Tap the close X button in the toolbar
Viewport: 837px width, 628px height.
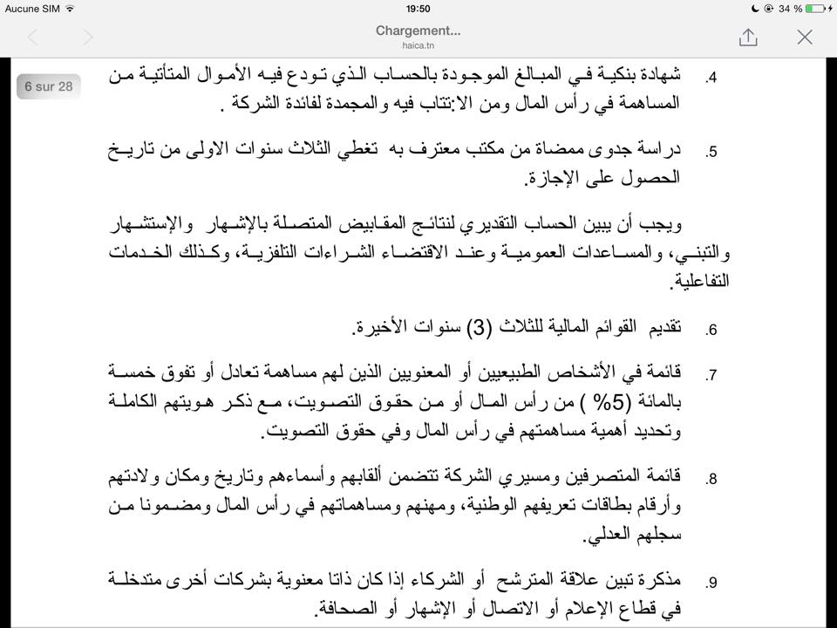click(805, 37)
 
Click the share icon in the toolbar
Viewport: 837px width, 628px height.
click(748, 37)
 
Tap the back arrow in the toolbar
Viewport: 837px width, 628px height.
click(33, 37)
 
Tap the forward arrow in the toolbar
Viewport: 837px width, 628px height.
click(87, 37)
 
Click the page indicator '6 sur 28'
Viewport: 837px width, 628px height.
click(49, 86)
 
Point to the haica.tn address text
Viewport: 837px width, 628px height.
click(418, 44)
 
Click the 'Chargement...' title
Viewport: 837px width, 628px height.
click(418, 31)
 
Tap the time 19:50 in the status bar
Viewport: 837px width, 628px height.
click(418, 8)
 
